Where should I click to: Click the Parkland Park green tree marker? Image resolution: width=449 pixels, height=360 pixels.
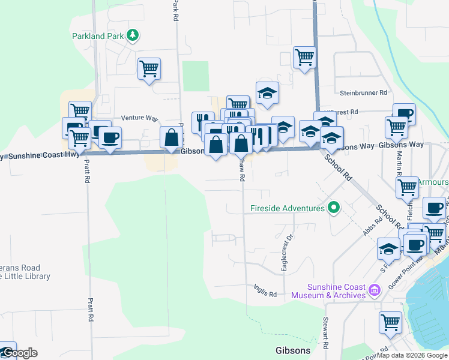(133, 36)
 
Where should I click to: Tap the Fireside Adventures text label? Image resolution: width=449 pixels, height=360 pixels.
(287, 209)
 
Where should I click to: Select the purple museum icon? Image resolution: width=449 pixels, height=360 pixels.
(375, 290)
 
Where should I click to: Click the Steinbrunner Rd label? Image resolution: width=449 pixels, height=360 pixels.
(364, 93)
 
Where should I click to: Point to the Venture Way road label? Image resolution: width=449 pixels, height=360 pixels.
(139, 118)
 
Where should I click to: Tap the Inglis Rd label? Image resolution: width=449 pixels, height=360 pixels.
(264, 294)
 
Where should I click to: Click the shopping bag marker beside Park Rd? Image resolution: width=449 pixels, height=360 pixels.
(172, 137)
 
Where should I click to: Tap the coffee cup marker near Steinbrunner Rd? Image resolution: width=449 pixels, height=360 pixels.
(405, 113)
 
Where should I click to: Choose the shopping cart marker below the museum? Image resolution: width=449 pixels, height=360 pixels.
(390, 322)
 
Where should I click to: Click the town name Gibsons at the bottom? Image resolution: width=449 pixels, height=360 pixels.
(292, 350)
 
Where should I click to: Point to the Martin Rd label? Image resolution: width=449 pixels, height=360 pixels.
(399, 159)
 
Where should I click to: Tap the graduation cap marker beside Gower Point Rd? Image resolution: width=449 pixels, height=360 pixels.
(388, 248)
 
